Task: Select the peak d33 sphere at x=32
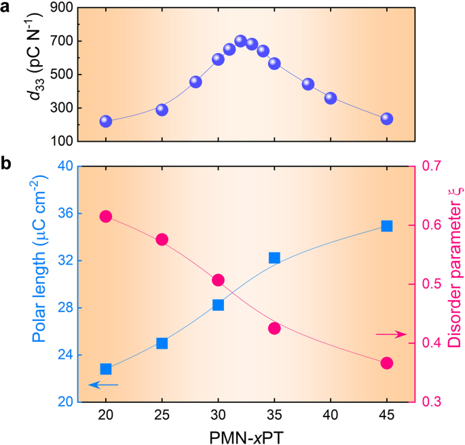click(x=240, y=41)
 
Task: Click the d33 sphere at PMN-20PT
click(x=106, y=121)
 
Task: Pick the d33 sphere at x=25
click(x=162, y=109)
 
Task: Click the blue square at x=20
click(x=106, y=369)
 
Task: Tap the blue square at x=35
click(x=274, y=258)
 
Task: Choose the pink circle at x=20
click(x=106, y=216)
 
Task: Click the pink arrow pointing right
click(x=391, y=334)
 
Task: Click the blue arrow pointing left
click(x=103, y=385)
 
